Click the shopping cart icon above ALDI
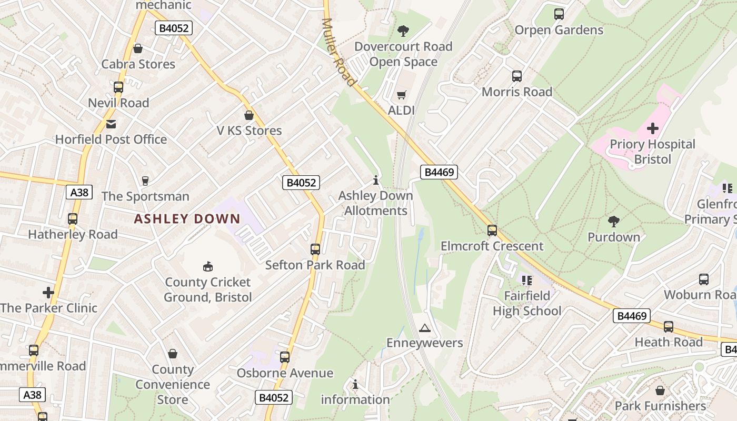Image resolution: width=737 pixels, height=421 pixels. point(402,95)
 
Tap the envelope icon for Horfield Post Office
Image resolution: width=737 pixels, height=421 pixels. point(111,124)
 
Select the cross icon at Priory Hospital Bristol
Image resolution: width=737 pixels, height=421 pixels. point(653,128)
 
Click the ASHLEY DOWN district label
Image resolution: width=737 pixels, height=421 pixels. point(187,219)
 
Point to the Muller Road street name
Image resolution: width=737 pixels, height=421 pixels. point(338,52)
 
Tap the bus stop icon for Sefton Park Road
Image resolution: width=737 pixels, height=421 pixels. point(315,249)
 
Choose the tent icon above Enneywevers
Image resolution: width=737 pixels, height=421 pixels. point(424,328)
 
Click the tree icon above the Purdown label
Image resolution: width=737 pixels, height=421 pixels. point(614,222)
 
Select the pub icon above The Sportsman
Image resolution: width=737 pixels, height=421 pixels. point(145,181)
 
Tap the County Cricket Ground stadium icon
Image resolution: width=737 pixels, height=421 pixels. point(208,267)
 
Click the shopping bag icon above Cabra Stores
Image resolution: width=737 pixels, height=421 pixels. point(138,49)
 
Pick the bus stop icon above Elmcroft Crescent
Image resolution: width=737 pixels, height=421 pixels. point(492,230)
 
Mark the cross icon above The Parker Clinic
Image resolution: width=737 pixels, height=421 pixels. point(48,293)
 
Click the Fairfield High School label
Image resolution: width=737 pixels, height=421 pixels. point(527,303)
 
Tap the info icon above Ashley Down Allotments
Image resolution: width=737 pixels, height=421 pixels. point(376,181)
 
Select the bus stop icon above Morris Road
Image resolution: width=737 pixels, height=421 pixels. point(517,76)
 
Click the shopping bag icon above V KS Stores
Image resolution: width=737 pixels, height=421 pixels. point(249,115)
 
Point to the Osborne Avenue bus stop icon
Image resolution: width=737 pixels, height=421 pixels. point(285,357)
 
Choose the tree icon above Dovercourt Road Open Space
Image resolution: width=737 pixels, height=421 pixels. point(403,31)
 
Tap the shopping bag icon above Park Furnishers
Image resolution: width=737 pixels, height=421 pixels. point(660,390)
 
